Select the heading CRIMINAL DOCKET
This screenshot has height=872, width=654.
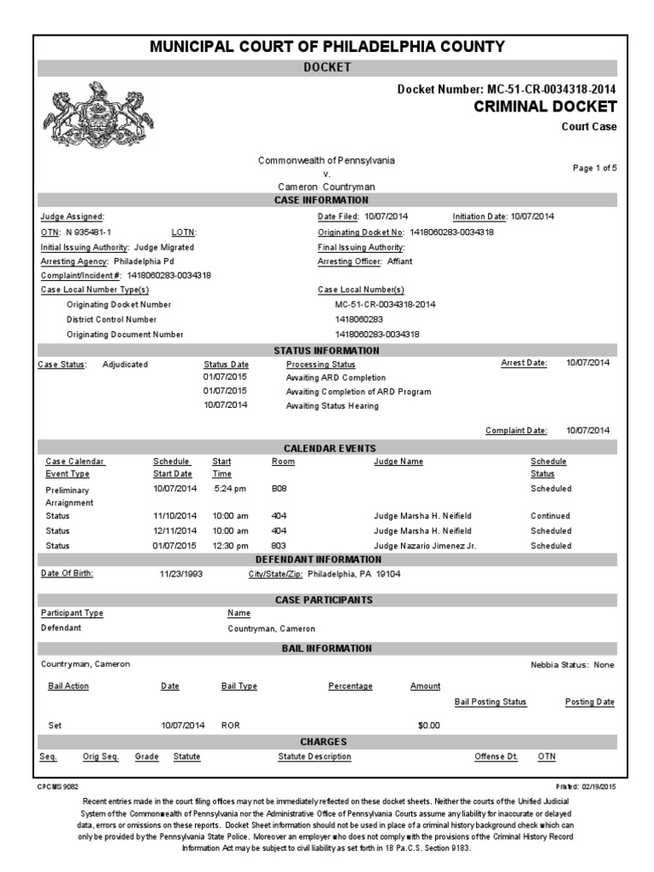pyautogui.click(x=544, y=106)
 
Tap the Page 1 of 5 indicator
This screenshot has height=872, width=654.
pyautogui.click(x=594, y=168)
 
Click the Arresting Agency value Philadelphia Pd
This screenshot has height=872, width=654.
pyautogui.click(x=143, y=261)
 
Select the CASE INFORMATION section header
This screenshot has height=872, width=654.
pyautogui.click(x=327, y=200)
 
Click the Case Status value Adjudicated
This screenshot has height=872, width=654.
pyautogui.click(x=125, y=364)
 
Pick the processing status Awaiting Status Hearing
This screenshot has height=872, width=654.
pyautogui.click(x=332, y=406)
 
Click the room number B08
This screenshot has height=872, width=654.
pyautogui.click(x=279, y=489)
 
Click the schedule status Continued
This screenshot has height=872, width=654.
pyautogui.click(x=550, y=516)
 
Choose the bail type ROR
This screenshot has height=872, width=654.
pyautogui.click(x=230, y=726)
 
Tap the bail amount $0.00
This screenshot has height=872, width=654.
pyautogui.click(x=428, y=726)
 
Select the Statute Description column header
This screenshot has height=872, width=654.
pyautogui.click(x=314, y=756)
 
